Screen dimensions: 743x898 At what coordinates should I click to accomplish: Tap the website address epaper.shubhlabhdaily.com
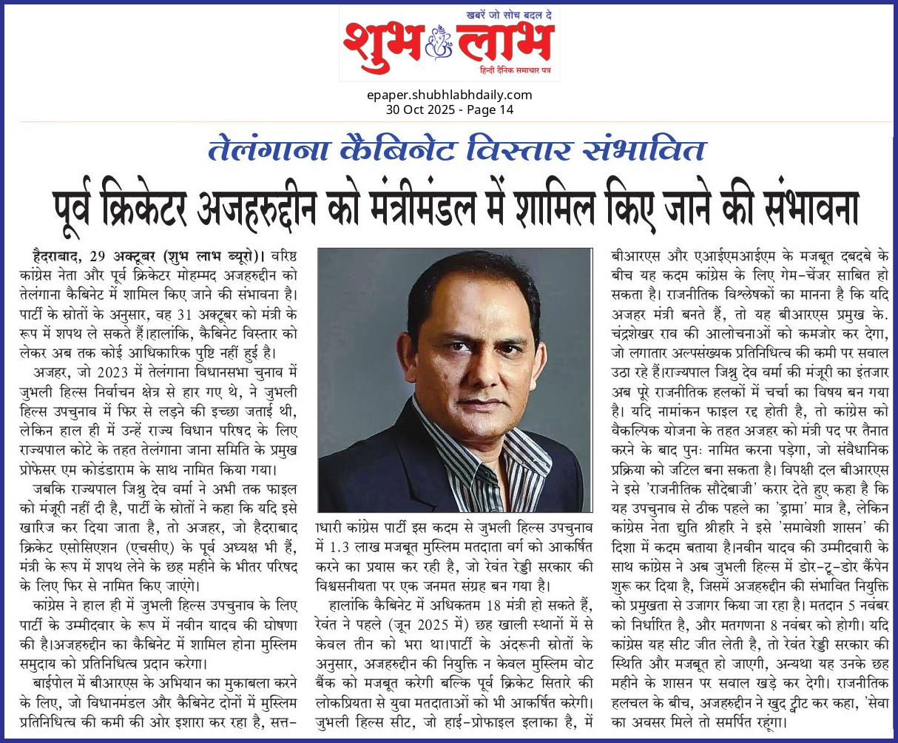449,95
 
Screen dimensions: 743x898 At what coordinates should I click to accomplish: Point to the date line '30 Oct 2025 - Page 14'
449,110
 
